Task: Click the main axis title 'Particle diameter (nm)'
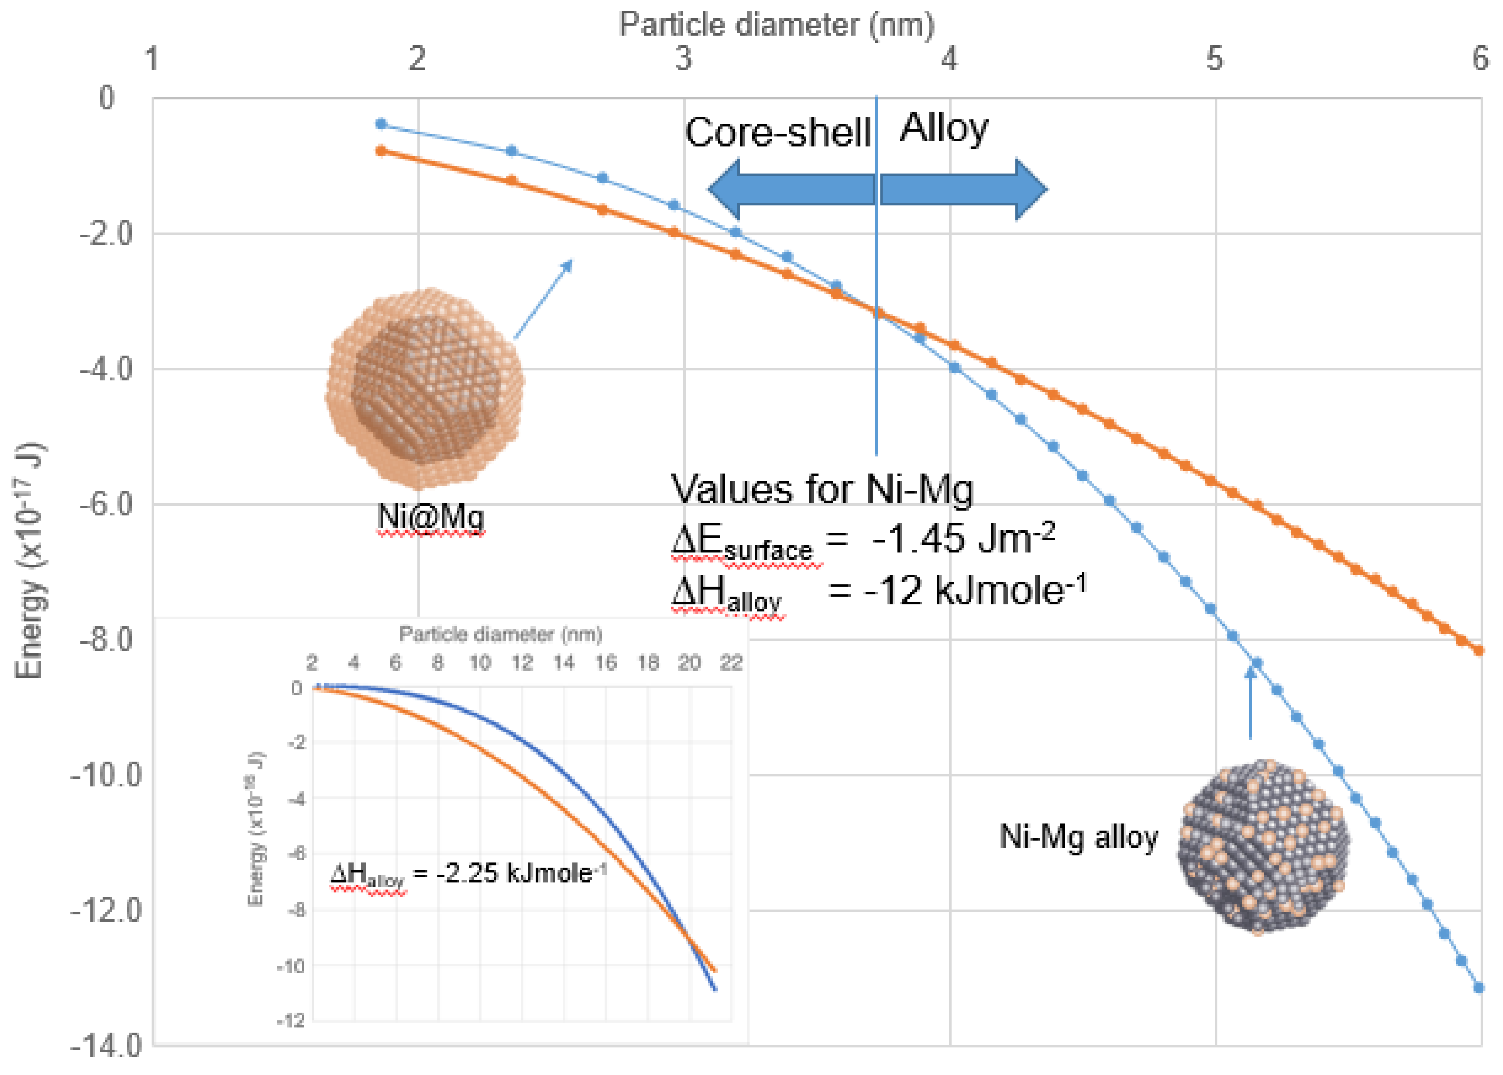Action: (776, 25)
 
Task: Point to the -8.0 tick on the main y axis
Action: (106, 640)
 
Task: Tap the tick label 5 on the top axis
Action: (1214, 59)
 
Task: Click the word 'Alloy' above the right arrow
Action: (943, 128)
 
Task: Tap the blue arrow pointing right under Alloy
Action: (963, 189)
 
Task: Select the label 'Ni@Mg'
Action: (430, 517)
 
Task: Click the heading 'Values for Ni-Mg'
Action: (821, 490)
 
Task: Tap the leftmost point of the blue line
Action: (381, 124)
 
